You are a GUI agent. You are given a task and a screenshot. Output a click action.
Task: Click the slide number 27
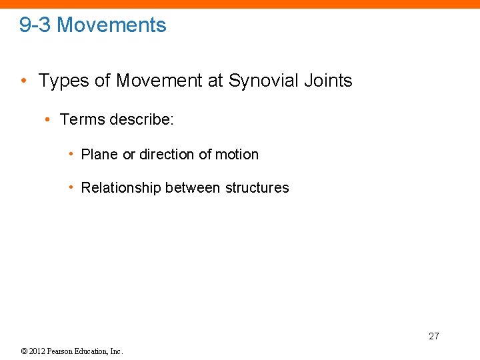pyautogui.click(x=434, y=336)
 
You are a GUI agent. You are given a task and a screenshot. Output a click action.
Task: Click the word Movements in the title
pyautogui.click(x=111, y=25)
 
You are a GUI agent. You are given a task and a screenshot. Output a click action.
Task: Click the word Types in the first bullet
pyautogui.click(x=61, y=81)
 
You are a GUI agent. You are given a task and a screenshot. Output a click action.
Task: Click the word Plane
pyautogui.click(x=99, y=155)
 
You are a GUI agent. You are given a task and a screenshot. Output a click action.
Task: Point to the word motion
pyautogui.click(x=237, y=155)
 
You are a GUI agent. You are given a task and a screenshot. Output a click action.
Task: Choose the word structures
pyautogui.click(x=257, y=188)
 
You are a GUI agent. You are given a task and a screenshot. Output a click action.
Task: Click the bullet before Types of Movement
pyautogui.click(x=24, y=81)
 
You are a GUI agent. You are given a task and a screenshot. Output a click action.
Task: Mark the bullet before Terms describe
pyautogui.click(x=47, y=120)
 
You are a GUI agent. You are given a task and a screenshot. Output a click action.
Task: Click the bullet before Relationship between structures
pyautogui.click(x=71, y=188)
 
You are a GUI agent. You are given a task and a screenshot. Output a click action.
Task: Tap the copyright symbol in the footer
pyautogui.click(x=24, y=351)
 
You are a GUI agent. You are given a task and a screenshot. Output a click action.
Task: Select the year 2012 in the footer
pyautogui.click(x=37, y=351)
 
